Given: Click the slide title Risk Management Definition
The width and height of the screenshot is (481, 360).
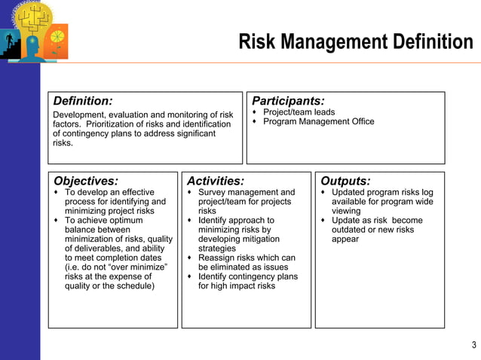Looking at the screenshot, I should click(355, 41).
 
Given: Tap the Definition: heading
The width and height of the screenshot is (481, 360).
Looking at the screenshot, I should click(83, 101).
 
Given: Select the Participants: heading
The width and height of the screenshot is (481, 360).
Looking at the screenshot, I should click(288, 101).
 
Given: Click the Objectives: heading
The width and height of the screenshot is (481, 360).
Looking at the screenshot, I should click(86, 181).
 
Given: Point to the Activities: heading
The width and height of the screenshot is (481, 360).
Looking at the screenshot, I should click(216, 181).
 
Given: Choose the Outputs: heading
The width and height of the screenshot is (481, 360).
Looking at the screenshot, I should click(345, 181).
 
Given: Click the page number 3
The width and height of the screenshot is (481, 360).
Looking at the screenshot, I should click(473, 346).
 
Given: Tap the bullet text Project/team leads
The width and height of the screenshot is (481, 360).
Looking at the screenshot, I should click(299, 112).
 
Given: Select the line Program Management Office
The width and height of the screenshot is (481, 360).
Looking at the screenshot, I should click(318, 122).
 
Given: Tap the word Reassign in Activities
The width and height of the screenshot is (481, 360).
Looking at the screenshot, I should click(217, 258).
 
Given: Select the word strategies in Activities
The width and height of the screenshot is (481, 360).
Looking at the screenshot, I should click(217, 249).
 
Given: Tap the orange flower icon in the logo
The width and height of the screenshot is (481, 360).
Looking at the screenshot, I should click(57, 36).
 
